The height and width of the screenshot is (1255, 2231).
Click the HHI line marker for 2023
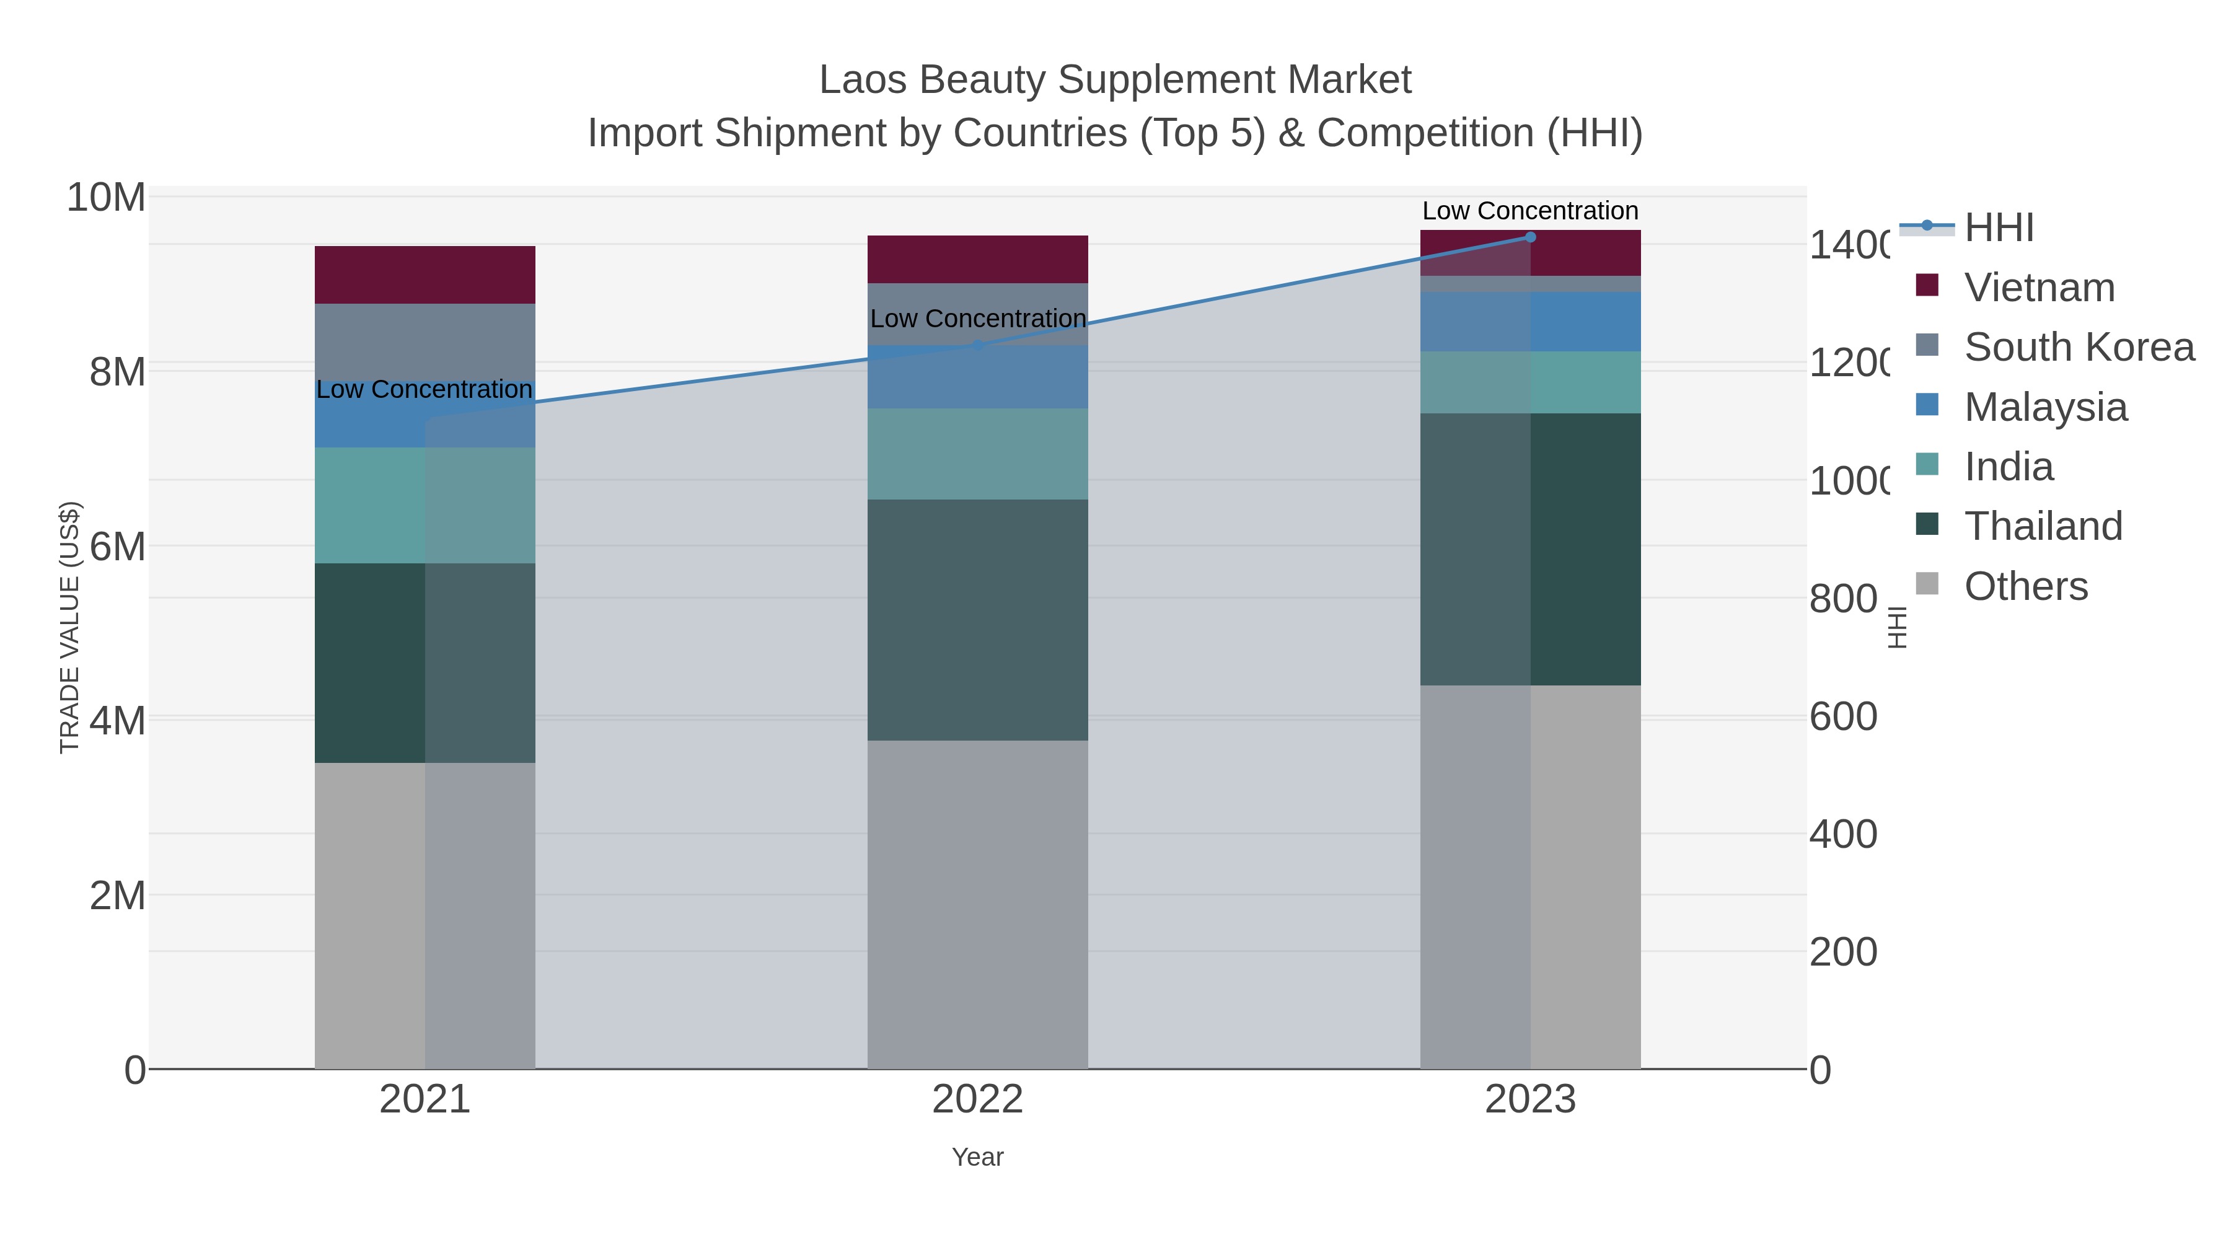click(x=1530, y=237)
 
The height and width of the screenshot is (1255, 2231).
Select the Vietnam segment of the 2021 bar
click(x=425, y=275)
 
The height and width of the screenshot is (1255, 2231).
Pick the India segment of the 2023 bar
click(x=1530, y=382)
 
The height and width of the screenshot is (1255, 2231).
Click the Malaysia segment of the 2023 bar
click(x=1530, y=321)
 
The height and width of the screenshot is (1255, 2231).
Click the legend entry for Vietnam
click(x=2039, y=288)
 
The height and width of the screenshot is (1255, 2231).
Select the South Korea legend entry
click(x=2079, y=347)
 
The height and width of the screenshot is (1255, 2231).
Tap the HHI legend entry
click(x=1999, y=228)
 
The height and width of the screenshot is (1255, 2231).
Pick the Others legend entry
click(x=2025, y=586)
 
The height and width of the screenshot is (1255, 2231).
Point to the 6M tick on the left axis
click(x=117, y=547)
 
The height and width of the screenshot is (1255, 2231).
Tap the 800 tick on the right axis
click(x=1844, y=599)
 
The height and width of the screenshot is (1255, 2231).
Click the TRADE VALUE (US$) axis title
click(x=69, y=627)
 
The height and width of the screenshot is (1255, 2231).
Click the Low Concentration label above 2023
click(x=1529, y=211)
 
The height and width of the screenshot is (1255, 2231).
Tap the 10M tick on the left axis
click(x=105, y=198)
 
